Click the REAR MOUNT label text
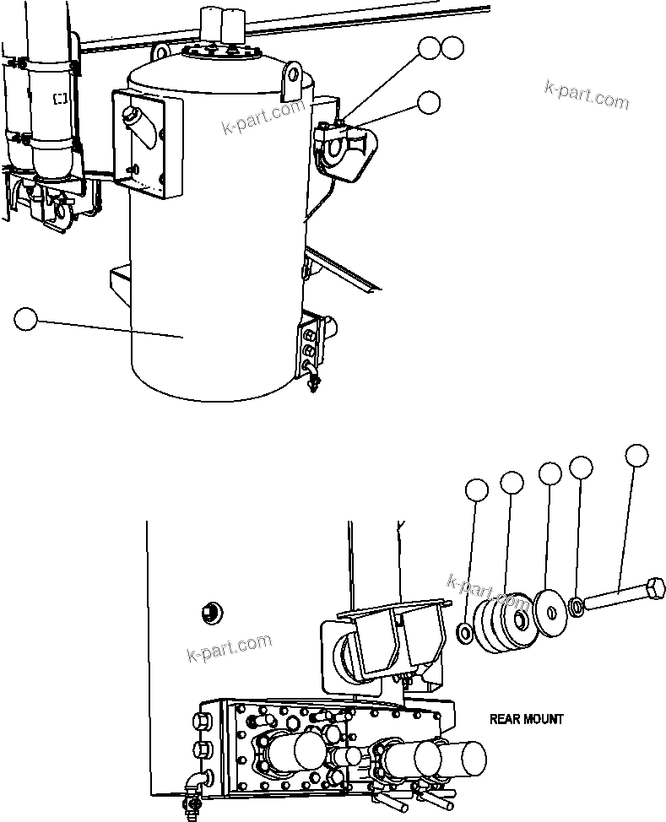(526, 719)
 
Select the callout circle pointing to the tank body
(26, 320)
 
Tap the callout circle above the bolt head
(637, 456)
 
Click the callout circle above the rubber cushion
(512, 483)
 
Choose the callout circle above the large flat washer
(550, 473)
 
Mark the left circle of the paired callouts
(430, 49)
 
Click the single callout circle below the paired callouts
(429, 102)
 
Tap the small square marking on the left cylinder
(60, 99)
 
